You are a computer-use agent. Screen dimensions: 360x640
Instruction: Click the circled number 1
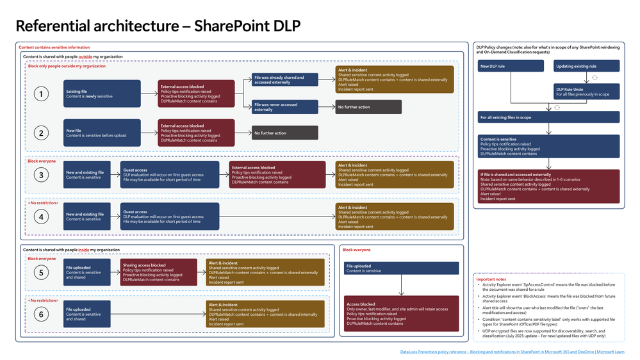[x=42, y=94]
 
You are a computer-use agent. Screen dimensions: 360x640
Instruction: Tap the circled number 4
[x=42, y=217]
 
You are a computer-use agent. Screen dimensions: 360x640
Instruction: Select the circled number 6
[x=42, y=314]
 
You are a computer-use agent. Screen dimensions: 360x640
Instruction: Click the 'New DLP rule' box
[x=510, y=66]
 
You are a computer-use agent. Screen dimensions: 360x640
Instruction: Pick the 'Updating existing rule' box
[x=586, y=66]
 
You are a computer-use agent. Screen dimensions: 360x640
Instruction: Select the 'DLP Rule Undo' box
[x=586, y=91]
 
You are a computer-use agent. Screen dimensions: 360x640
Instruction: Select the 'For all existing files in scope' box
[x=549, y=117]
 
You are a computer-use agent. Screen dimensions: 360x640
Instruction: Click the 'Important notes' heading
[x=492, y=279]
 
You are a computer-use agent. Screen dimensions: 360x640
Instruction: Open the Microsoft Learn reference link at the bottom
[x=512, y=352]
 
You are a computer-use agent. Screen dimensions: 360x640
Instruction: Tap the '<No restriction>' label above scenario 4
[x=44, y=203]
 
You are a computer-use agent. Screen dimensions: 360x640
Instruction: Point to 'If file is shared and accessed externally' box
[x=549, y=186]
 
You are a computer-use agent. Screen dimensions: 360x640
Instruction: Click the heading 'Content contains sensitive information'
[x=54, y=47]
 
